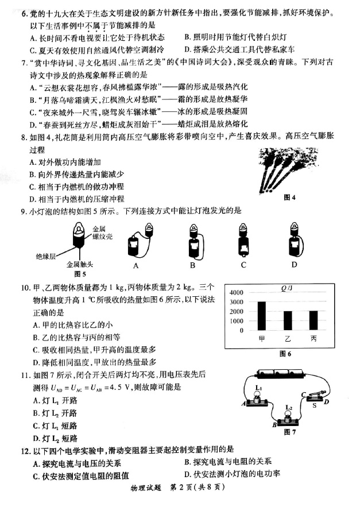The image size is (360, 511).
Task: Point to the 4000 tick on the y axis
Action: tap(237, 292)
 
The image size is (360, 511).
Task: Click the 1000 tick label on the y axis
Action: tap(237, 321)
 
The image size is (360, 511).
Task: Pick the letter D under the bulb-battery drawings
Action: tap(294, 265)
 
